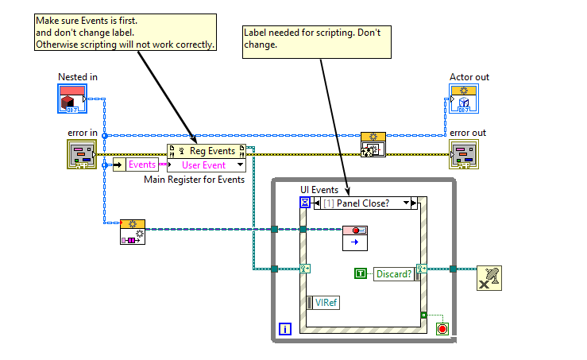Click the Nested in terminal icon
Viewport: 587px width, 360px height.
pos(72,99)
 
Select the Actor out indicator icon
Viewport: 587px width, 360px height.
pos(463,99)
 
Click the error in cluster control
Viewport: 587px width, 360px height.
pos(81,155)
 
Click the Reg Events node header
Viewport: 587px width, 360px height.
pos(207,151)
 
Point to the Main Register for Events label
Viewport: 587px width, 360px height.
pos(194,180)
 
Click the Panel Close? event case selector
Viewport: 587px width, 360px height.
pos(365,203)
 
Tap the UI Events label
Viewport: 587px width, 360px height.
pos(319,190)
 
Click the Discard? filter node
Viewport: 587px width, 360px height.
pos(393,273)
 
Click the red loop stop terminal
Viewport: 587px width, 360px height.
pos(442,327)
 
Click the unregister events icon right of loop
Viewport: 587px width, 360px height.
pos(489,278)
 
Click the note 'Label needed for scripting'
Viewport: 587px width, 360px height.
pos(317,40)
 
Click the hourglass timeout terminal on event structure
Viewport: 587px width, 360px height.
pos(305,203)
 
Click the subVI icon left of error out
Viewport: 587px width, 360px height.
pos(373,145)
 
